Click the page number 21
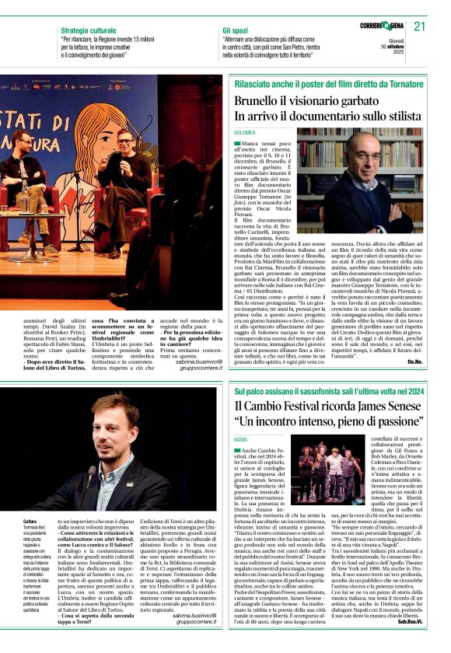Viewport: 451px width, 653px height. pos(420,26)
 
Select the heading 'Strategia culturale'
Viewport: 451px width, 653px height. pos(89,30)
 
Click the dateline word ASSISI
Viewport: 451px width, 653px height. pos(240,439)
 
